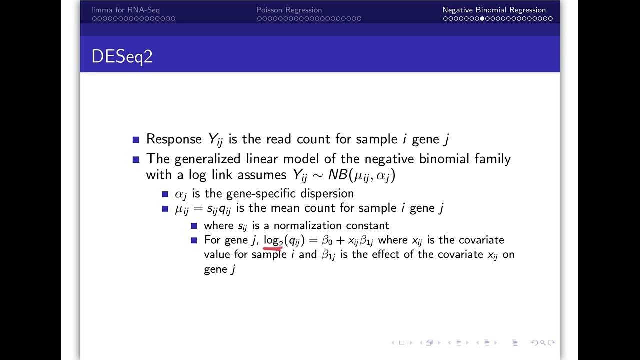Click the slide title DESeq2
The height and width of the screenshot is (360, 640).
click(122, 56)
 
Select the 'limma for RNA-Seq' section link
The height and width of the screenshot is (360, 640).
click(125, 10)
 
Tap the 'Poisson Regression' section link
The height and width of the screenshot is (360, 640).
click(289, 10)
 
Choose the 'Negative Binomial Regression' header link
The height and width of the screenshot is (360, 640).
click(494, 10)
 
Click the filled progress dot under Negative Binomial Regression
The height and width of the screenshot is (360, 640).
click(482, 19)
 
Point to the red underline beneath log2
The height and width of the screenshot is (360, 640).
click(273, 246)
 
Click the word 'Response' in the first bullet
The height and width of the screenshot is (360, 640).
click(174, 139)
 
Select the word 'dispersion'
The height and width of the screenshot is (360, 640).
click(328, 193)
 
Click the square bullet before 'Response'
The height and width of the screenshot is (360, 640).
click(136, 140)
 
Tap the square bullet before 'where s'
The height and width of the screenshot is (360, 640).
click(194, 226)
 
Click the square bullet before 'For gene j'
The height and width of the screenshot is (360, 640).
click(194, 240)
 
